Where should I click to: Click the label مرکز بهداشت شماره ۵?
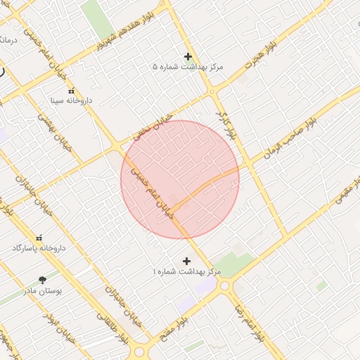188,67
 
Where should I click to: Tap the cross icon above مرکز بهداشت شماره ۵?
188,56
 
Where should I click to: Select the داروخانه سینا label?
71,101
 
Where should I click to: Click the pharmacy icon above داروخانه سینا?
71,91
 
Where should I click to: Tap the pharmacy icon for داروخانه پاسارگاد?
39,238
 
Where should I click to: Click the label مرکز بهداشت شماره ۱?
187,271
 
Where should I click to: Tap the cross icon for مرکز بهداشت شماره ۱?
186,261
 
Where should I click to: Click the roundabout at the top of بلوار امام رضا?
224,285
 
